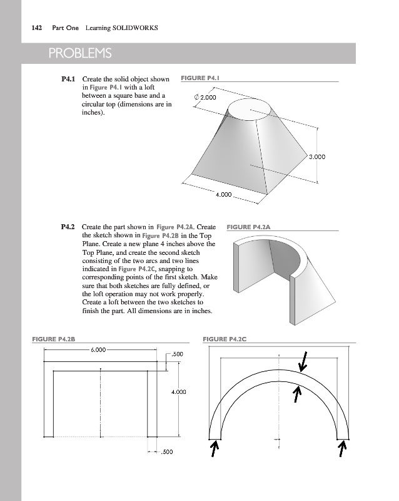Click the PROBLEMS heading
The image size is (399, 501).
[78, 53]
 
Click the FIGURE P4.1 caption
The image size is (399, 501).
[201, 78]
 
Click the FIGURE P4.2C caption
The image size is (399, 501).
[226, 339]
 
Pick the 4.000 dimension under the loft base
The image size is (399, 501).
[224, 195]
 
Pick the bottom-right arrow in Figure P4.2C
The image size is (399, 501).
[343, 448]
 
